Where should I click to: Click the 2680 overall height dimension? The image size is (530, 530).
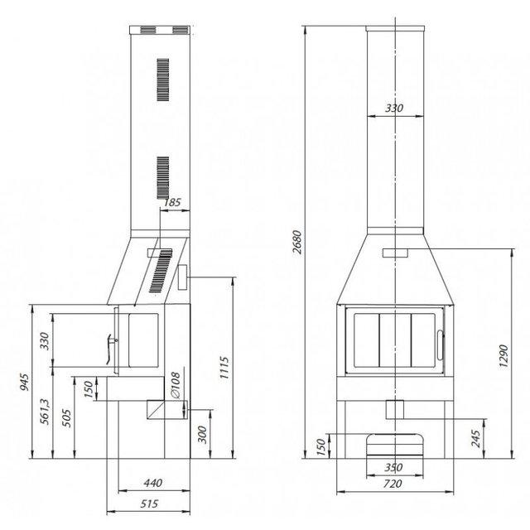(297, 242)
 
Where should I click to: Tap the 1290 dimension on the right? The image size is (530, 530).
(503, 356)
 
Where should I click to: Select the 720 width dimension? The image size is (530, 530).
(393, 484)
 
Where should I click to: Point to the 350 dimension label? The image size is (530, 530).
(393, 467)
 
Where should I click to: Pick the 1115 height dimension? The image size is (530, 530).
(224, 368)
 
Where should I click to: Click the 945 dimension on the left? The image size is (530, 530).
(25, 382)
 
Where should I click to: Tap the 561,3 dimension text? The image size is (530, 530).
(44, 412)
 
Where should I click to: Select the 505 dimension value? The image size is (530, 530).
(67, 418)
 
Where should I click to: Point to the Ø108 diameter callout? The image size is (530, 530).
(176, 385)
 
